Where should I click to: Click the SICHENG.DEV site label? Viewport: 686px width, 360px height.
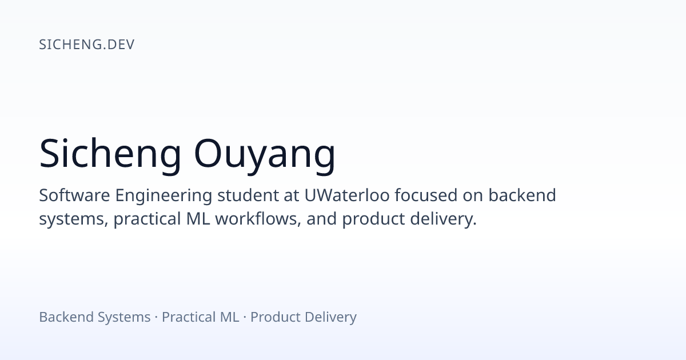pyautogui.click(x=87, y=45)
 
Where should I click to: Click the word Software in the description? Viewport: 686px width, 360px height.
pyautogui.click(x=74, y=195)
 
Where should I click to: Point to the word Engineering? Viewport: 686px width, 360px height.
pyautogui.click(x=163, y=196)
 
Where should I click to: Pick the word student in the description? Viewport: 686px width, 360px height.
pyautogui.click(x=248, y=195)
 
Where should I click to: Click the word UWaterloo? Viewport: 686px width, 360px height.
pyautogui.click(x=347, y=195)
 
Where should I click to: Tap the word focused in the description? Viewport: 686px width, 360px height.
pyautogui.click(x=426, y=195)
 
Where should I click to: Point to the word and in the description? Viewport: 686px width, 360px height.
pyautogui.click(x=321, y=219)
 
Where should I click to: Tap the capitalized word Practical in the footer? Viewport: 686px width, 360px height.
pyautogui.click(x=188, y=317)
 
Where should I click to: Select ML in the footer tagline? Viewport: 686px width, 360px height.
pyautogui.click(x=229, y=317)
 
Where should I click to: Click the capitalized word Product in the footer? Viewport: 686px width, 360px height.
pyautogui.click(x=276, y=317)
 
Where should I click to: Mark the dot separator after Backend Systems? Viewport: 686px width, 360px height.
pyautogui.click(x=156, y=318)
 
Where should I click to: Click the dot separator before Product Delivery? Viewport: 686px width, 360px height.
pyautogui.click(x=245, y=318)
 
